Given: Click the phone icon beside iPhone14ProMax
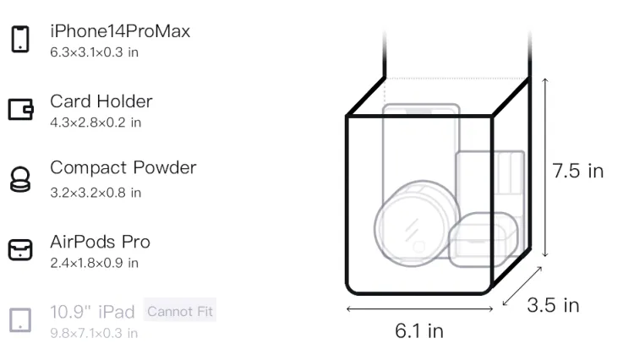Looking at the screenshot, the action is pos(20,39).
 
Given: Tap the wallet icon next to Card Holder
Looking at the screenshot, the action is pos(20,109).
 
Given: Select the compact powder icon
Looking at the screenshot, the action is pos(20,179).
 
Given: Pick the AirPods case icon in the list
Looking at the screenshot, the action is pos(20,249).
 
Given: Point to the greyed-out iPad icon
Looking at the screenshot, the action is pos(20,320).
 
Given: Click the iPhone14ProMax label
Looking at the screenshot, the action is pos(120,31).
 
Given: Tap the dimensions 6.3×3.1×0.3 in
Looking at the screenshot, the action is pos(94,52).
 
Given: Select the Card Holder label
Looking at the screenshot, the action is pos(101,101).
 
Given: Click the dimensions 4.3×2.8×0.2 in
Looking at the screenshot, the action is pos(96,123).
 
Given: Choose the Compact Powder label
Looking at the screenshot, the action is pos(123,168).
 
